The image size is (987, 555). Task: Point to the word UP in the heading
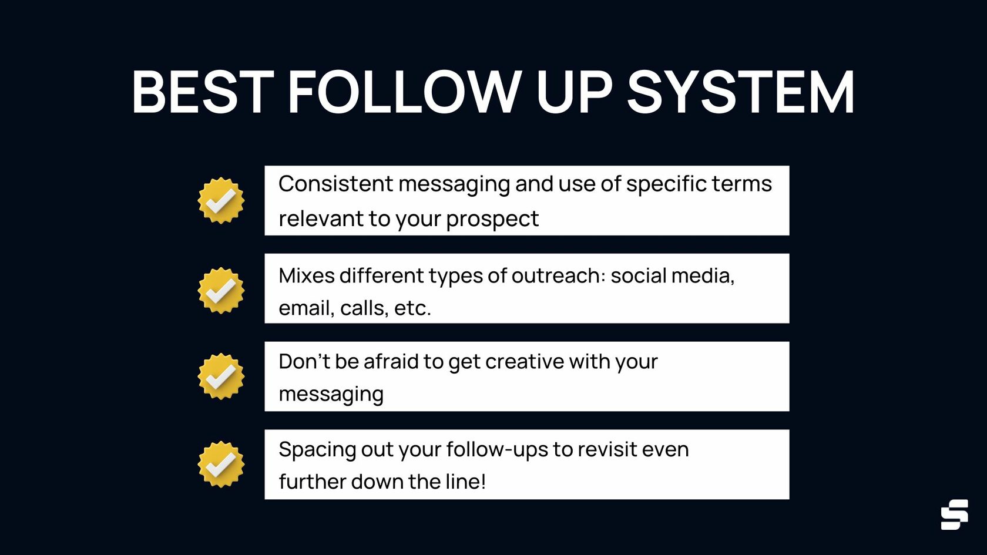(574, 93)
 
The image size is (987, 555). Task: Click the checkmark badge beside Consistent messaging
(221, 200)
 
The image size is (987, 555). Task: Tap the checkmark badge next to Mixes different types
(221, 290)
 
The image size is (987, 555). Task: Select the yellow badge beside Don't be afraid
(221, 376)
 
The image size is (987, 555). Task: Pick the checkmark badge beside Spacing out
(221, 464)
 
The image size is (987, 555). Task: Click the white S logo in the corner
(954, 514)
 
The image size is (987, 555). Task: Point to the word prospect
(492, 220)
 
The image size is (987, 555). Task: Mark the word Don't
(304, 362)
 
